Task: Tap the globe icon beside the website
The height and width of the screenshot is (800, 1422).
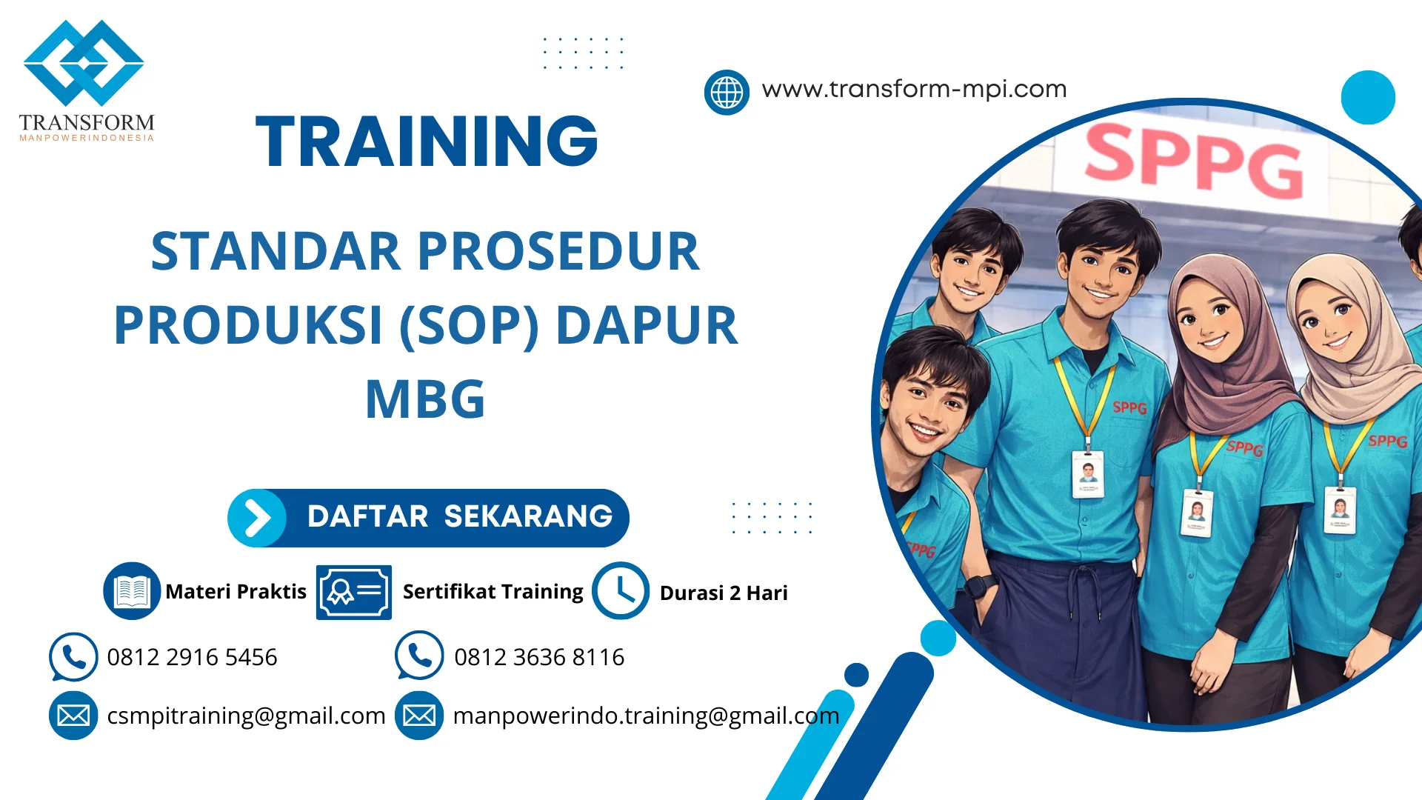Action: pos(727,93)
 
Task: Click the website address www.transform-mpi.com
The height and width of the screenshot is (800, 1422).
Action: pos(914,89)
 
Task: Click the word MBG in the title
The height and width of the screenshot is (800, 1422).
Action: pos(425,399)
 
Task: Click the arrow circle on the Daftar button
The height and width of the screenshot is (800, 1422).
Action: pos(257,518)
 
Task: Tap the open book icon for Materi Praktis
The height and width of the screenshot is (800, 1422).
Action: pos(132,591)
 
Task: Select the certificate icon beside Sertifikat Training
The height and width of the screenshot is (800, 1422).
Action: pos(353,592)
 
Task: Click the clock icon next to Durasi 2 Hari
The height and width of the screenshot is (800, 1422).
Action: pos(621,591)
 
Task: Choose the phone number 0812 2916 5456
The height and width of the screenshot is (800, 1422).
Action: pos(192,657)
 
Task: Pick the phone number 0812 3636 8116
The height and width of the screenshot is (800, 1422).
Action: pos(539,657)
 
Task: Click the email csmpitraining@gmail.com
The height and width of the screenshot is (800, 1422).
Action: pos(246,716)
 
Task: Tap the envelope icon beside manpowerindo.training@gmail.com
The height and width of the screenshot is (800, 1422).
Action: pos(419,716)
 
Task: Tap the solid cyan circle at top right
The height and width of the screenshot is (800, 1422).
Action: pos(1368,97)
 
